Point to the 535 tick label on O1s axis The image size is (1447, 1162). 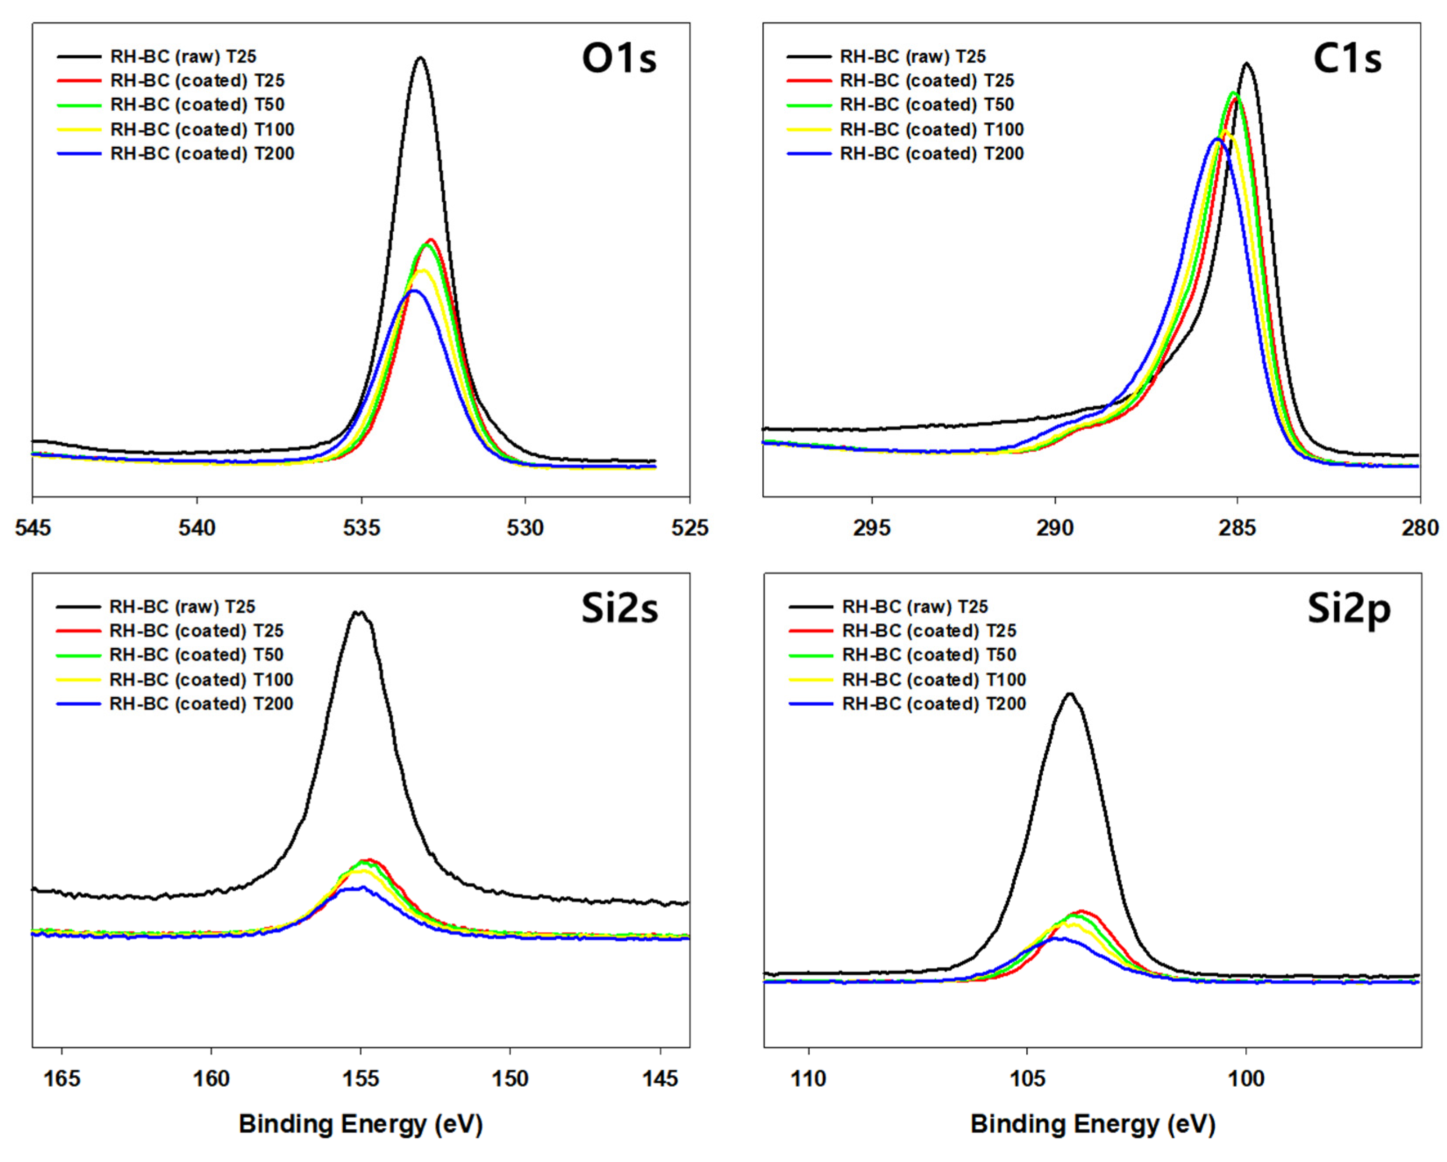coord(361,528)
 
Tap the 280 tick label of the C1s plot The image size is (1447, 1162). coord(1419,528)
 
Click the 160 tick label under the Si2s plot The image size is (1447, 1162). coord(211,1078)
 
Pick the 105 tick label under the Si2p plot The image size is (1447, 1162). coord(1027,1078)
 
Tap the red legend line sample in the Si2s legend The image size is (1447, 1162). coord(78,631)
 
